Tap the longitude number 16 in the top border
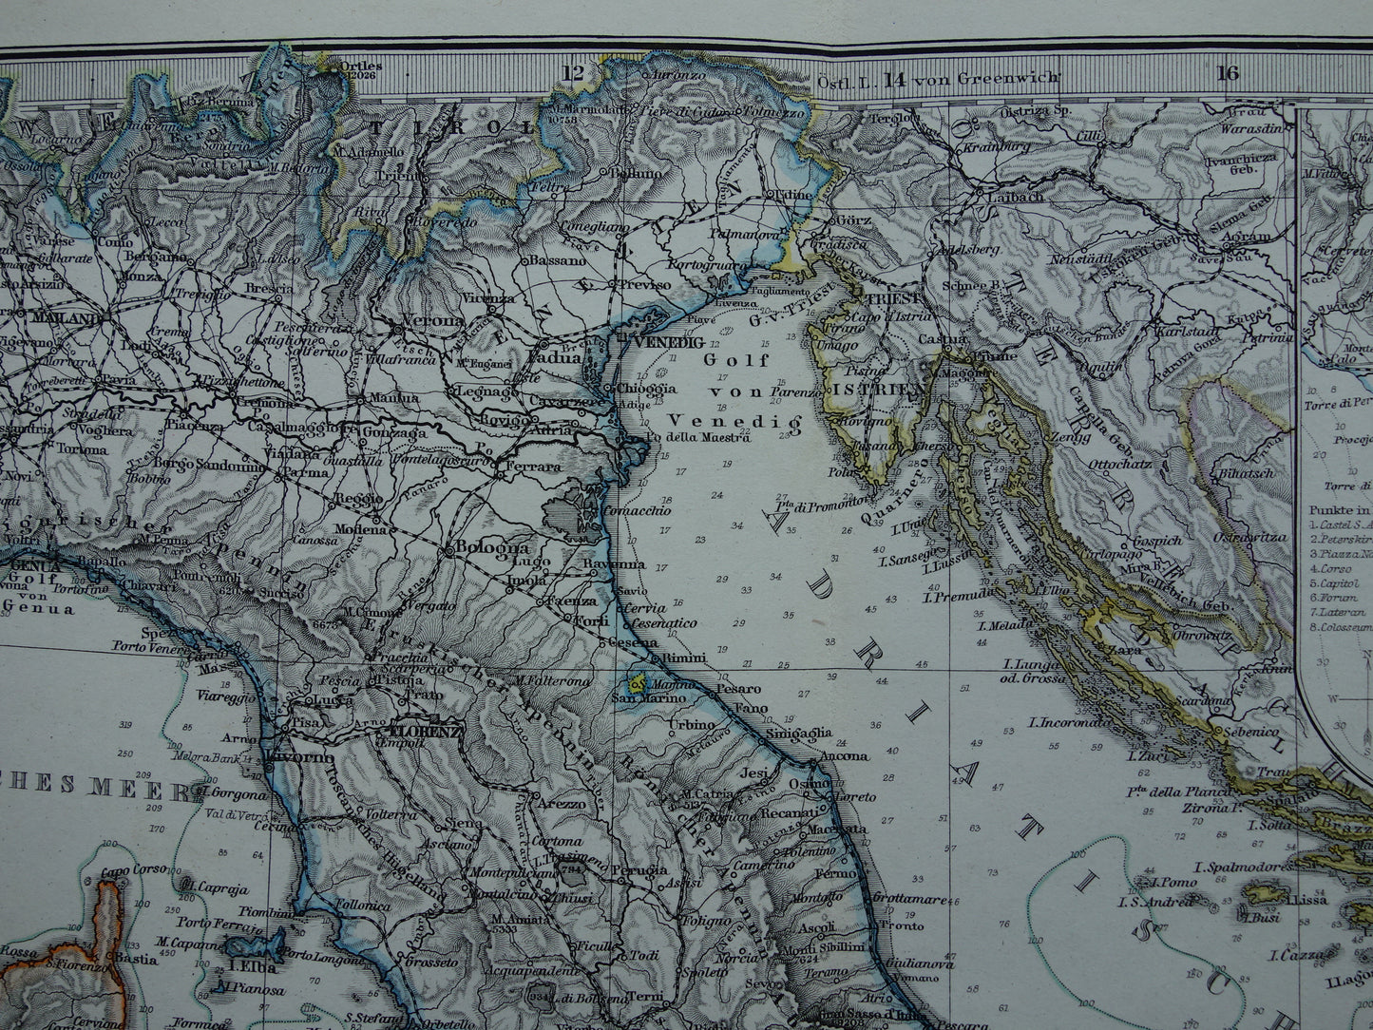click(x=1228, y=74)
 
